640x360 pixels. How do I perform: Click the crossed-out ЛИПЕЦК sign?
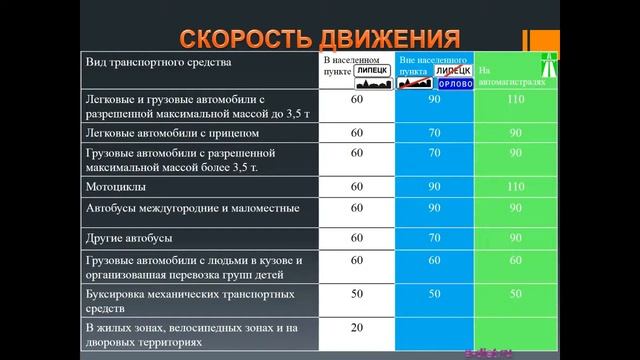[455, 72]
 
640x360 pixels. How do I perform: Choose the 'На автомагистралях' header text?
[512, 77]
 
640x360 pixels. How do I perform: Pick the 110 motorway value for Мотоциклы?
[515, 187]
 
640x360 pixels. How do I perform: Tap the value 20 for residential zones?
[356, 328]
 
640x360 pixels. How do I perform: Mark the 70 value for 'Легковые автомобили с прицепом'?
[434, 133]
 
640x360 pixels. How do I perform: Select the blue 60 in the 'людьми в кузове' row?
[434, 261]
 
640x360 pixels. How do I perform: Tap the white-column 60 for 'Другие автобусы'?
[356, 239]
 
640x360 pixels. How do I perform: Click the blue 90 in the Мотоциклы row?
[434, 187]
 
